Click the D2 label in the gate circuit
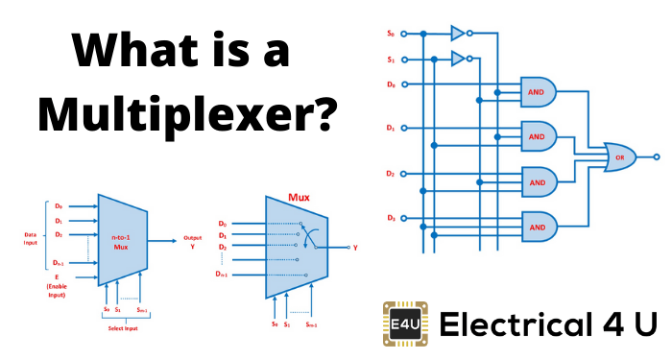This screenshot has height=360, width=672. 390,174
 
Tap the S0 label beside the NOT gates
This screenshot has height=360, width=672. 390,34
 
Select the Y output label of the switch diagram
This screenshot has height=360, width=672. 356,247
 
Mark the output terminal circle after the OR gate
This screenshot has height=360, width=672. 657,156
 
